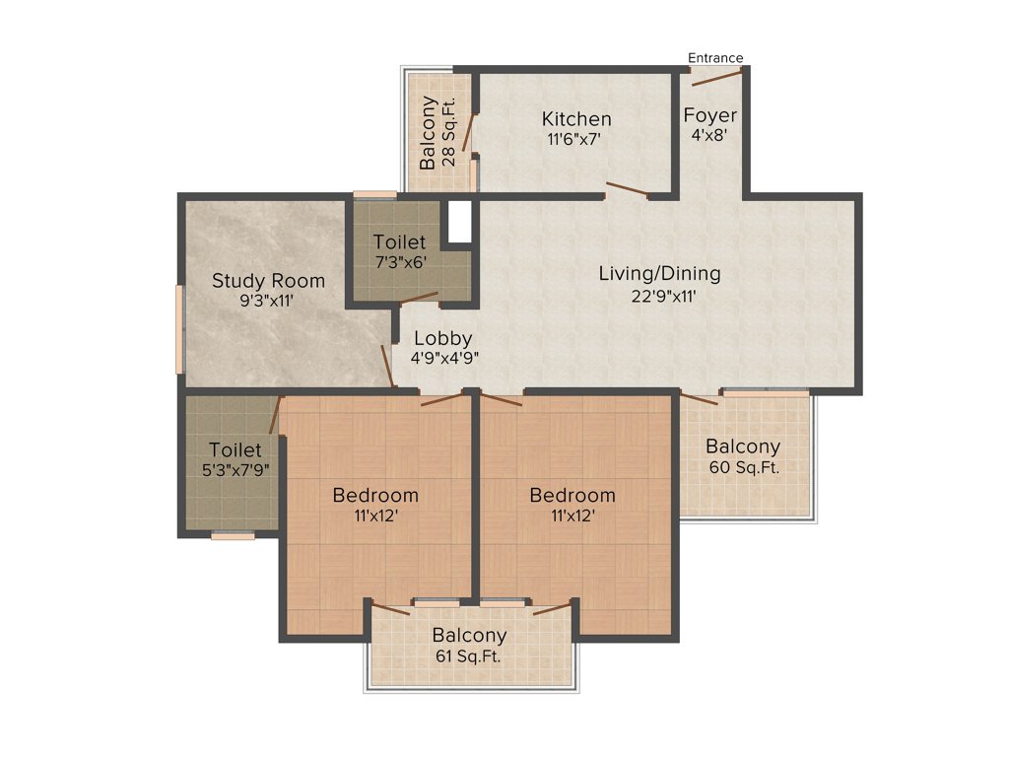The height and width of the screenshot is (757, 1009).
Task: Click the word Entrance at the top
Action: [715, 57]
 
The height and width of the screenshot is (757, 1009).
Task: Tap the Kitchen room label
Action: [576, 119]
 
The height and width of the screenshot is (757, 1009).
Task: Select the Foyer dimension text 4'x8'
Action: [710, 136]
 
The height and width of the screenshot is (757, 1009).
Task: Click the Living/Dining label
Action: [659, 273]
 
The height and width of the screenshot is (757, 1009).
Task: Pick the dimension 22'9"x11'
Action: [659, 296]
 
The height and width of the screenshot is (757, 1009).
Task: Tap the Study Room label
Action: [268, 281]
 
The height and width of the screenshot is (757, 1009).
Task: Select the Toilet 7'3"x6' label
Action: [399, 241]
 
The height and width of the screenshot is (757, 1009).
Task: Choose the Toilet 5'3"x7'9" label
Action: [235, 449]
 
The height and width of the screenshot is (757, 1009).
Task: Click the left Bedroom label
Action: [374, 495]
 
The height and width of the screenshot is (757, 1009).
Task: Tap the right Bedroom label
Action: [572, 495]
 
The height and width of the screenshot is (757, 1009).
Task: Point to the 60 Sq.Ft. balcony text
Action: [743, 468]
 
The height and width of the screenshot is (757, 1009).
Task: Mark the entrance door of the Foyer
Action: [716, 77]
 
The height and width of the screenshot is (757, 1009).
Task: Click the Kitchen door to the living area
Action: [627, 189]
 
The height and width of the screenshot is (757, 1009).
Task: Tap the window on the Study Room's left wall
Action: [179, 329]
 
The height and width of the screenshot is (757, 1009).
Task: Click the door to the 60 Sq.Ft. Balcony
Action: [699, 398]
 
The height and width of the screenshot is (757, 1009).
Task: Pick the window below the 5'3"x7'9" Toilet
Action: [233, 536]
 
